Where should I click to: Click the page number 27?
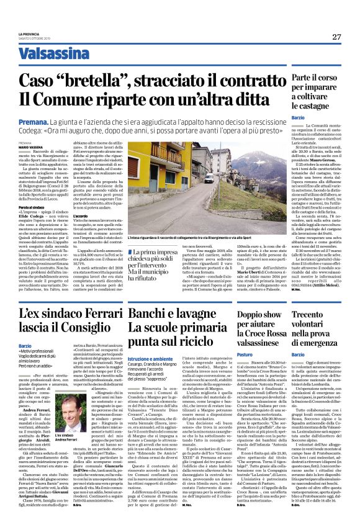click(336, 37)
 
